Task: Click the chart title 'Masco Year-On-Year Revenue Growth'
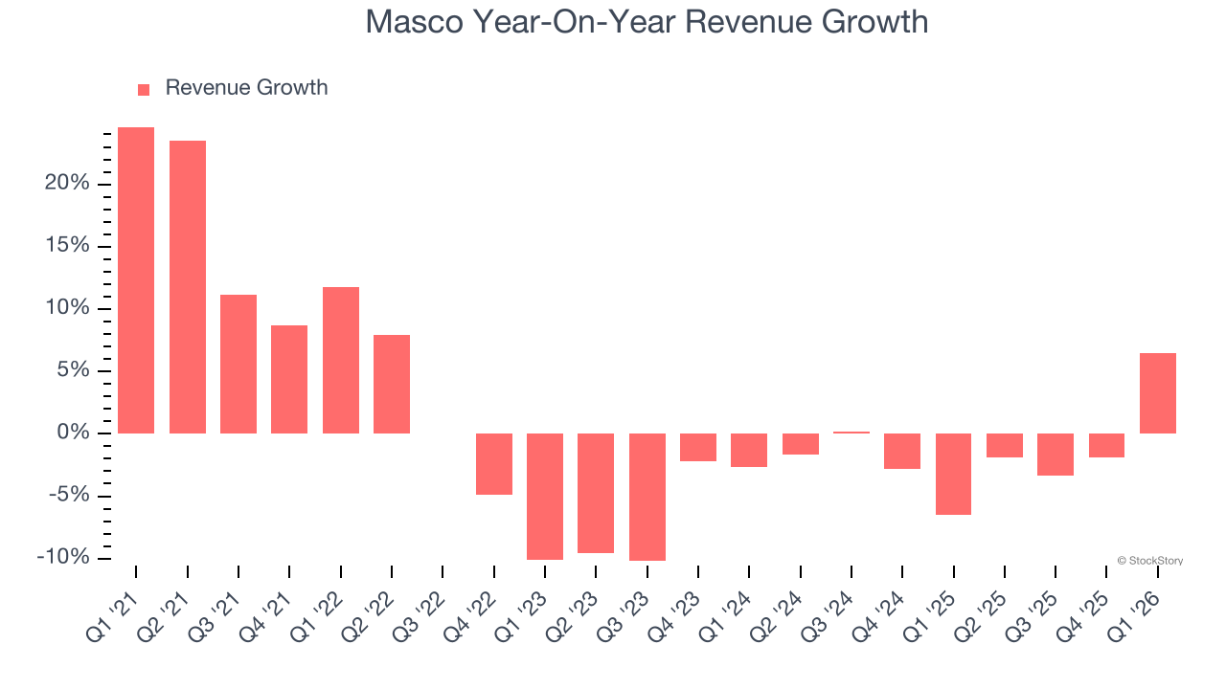(647, 21)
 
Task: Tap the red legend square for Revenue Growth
(144, 89)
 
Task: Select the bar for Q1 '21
(136, 280)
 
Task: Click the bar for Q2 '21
(188, 287)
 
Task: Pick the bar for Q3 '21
(238, 364)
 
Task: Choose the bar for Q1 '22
(341, 360)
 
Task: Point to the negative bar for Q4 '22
(494, 464)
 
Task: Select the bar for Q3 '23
(647, 497)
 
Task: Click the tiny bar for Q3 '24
(851, 433)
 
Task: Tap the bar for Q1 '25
(954, 474)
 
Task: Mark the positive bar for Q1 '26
(1158, 393)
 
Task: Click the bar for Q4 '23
(698, 447)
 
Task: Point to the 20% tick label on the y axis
(67, 184)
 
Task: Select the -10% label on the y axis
(63, 558)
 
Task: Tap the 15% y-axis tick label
(67, 246)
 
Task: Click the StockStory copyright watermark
(1149, 561)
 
